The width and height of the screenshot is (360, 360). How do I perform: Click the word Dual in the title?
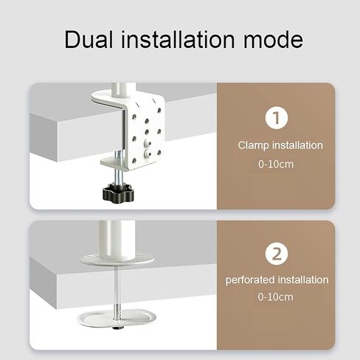coord(89,39)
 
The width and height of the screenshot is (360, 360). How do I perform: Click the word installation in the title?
coord(178,39)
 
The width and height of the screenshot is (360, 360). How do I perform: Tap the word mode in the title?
coord(273,40)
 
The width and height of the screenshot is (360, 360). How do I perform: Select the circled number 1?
coord(277,117)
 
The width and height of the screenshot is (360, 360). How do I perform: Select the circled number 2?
coord(277,254)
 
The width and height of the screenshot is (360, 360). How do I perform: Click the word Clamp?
coord(253,145)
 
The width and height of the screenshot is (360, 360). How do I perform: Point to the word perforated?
coord(250,280)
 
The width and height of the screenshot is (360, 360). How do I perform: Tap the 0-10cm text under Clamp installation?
coord(276,164)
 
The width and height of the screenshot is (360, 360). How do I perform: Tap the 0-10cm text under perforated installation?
coord(275,297)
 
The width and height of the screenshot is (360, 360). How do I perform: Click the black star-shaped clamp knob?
coord(117,192)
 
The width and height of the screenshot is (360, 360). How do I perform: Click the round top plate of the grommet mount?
coord(117,260)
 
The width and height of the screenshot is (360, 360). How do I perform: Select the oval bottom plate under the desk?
coord(117,319)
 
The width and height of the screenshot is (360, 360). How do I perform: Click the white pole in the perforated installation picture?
coord(117,240)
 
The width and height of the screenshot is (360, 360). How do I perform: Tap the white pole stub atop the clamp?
coord(120,91)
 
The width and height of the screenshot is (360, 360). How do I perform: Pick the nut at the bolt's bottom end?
coord(118,328)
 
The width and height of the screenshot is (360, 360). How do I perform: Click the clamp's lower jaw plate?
coord(116,163)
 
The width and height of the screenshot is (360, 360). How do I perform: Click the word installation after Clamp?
coord(297,145)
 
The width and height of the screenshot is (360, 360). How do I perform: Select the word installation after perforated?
coord(303,280)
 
